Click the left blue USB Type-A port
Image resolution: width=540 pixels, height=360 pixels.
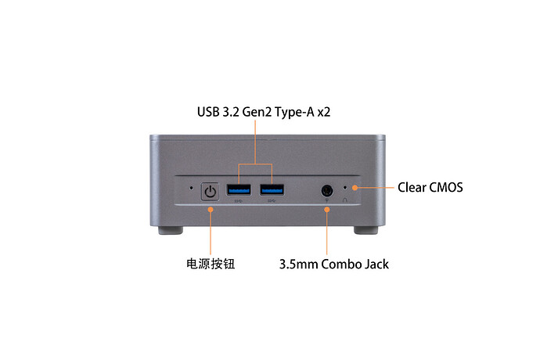point(239,189)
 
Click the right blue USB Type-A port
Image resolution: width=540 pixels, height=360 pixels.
point(272,189)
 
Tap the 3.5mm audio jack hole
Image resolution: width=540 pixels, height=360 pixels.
point(327,190)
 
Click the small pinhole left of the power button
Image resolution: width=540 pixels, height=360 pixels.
point(192,188)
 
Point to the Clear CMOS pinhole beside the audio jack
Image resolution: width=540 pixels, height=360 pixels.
point(345,188)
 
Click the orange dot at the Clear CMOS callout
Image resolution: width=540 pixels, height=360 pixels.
point(355,188)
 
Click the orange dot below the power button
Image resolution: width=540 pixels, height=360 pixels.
point(211,209)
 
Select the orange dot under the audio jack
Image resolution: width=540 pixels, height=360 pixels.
point(327,209)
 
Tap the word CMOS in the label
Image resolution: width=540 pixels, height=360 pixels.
point(447,187)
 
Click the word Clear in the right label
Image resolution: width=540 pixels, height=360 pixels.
point(412,187)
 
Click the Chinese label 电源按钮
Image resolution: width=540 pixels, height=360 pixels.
point(211,264)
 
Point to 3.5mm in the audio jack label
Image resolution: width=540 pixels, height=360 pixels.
point(298,265)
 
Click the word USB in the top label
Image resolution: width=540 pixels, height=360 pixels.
point(208,112)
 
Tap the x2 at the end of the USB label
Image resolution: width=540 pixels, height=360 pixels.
point(324,113)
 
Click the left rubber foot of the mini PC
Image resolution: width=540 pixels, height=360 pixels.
point(171,230)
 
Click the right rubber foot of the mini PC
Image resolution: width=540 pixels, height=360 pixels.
point(365,230)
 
